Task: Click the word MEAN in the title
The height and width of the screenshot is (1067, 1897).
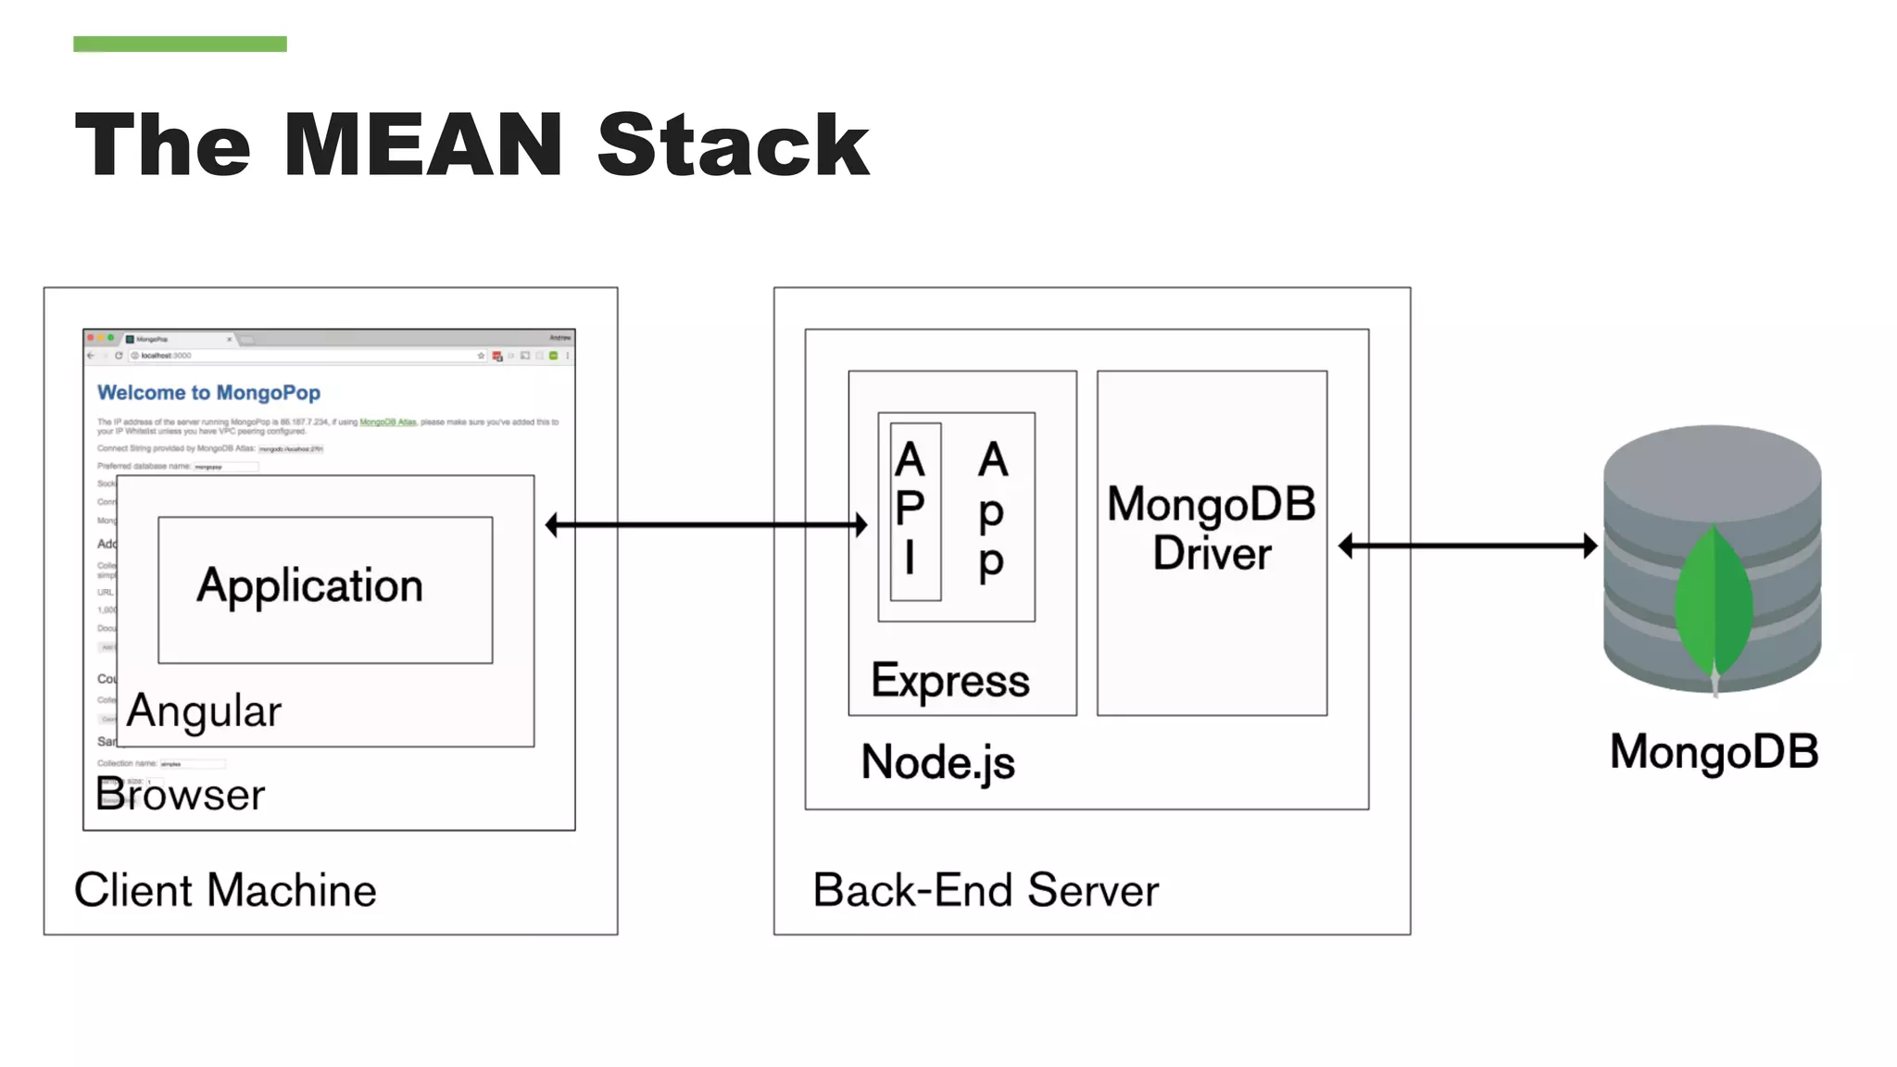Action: coord(422,144)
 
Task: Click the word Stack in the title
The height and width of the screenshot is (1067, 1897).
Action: coord(733,144)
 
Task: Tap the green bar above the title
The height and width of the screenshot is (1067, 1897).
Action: coord(180,44)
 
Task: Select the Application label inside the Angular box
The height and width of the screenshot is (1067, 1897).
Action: coord(309,586)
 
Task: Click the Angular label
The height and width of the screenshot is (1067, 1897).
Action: coord(204,711)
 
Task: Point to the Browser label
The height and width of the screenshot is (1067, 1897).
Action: coord(181,795)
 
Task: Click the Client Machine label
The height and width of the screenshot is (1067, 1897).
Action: coord(225,890)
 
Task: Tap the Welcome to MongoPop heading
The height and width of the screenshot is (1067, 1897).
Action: coord(208,393)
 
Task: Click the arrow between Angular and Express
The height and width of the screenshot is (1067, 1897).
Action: coord(706,525)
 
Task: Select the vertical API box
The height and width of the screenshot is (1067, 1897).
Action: coord(915,511)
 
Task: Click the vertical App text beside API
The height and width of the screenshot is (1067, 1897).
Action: coord(992,511)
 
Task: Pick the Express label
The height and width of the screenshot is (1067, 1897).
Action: coord(949,681)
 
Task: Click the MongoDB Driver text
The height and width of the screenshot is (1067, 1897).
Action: coord(1212,529)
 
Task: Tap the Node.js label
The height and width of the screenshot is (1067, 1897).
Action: coord(937,762)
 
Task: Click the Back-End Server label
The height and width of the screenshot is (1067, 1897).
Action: coord(986,890)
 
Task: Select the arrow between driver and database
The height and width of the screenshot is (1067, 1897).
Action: coord(1468,546)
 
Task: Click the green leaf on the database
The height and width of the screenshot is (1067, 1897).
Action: coord(1714,602)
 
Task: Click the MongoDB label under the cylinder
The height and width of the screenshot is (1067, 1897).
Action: coord(1714,751)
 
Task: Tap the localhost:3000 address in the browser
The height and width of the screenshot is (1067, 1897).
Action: coord(166,356)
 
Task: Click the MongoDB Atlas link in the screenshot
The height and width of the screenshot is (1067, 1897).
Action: coord(387,422)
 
